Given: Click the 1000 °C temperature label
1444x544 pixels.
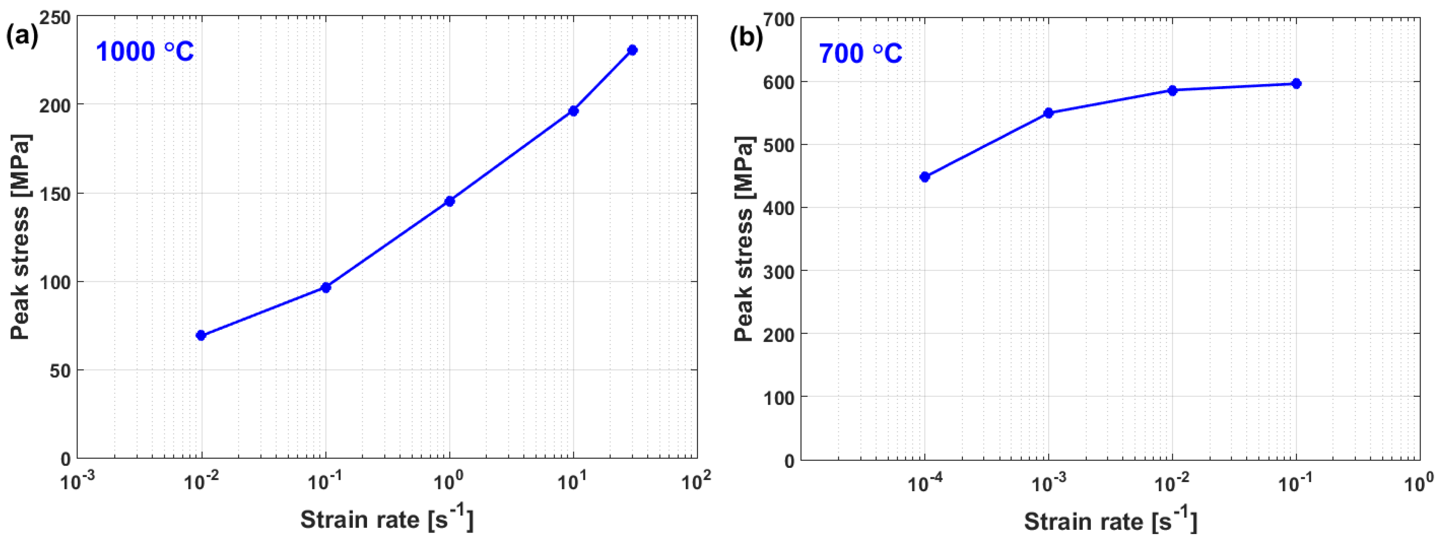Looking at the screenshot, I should pyautogui.click(x=145, y=52).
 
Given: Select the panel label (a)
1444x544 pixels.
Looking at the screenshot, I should pyautogui.click(x=22, y=36).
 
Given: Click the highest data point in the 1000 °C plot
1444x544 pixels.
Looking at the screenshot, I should pyautogui.click(x=632, y=50).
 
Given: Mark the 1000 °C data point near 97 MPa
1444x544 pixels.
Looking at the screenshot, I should pyautogui.click(x=326, y=287).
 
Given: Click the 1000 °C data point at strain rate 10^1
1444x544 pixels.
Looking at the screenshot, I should pyautogui.click(x=573, y=111).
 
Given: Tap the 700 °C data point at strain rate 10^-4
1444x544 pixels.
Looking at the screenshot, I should pyautogui.click(x=925, y=177).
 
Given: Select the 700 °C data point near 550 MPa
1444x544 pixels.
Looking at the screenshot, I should pyautogui.click(x=1049, y=113).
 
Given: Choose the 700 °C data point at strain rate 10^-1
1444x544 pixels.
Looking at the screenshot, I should pyautogui.click(x=1296, y=83).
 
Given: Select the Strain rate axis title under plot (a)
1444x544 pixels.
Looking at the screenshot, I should pyautogui.click(x=387, y=520).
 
